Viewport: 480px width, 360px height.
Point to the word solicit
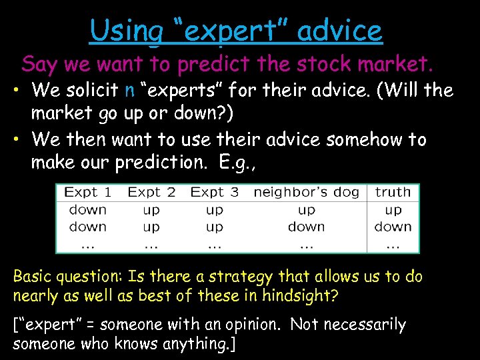pyautogui.click(x=92, y=89)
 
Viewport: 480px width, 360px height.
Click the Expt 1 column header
pyautogui.click(x=87, y=193)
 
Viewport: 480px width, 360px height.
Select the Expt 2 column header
pyautogui.click(x=151, y=193)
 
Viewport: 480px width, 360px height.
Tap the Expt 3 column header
pyautogui.click(x=214, y=193)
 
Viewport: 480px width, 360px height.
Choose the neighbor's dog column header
pyautogui.click(x=306, y=193)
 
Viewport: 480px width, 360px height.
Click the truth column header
pyautogui.click(x=393, y=193)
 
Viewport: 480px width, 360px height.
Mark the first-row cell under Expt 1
pyautogui.click(x=87, y=210)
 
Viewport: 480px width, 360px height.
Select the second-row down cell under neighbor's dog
pyautogui.click(x=306, y=227)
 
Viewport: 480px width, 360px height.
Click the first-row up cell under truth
pyautogui.click(x=393, y=210)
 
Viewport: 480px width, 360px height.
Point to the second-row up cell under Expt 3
pyautogui.click(x=214, y=227)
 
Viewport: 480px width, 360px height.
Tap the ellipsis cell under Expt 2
pyautogui.click(x=151, y=244)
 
